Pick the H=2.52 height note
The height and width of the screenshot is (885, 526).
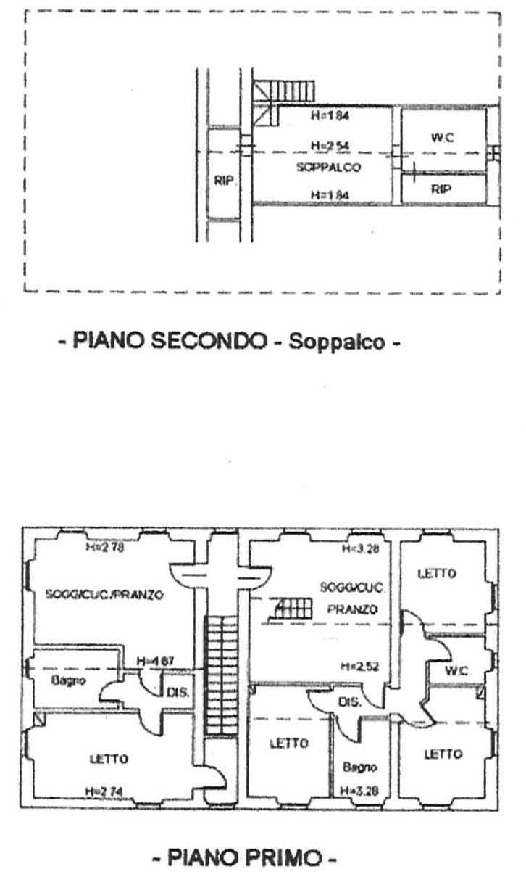pyautogui.click(x=359, y=667)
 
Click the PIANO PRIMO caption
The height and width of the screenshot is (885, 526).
pyautogui.click(x=245, y=860)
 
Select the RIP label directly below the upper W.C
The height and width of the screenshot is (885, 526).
pyautogui.click(x=441, y=189)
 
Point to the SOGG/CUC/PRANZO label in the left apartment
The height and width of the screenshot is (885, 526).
pyautogui.click(x=104, y=594)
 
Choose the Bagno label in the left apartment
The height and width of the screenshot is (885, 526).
pyautogui.click(x=69, y=680)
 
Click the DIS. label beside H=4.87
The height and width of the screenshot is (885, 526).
pyautogui.click(x=178, y=693)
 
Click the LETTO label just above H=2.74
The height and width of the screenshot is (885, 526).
pyautogui.click(x=109, y=759)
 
